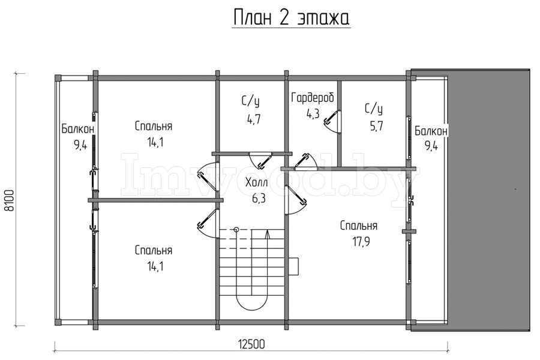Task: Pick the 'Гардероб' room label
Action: pyautogui.click(x=312, y=98)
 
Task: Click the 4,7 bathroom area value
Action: pyautogui.click(x=253, y=118)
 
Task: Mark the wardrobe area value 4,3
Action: pyautogui.click(x=313, y=113)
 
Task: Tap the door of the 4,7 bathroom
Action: pyautogui.click(x=260, y=161)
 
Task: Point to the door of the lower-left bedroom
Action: pyautogui.click(x=206, y=221)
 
